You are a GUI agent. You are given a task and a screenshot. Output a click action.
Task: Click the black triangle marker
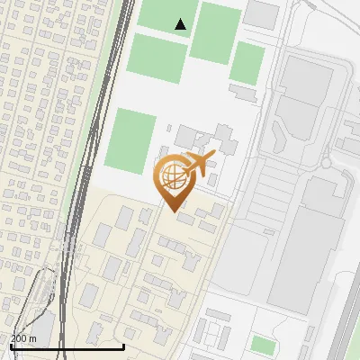[x=181, y=24]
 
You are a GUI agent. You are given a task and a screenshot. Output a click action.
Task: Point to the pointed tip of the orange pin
[x=171, y=211]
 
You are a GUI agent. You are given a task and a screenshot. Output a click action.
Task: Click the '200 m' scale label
[x=23, y=338]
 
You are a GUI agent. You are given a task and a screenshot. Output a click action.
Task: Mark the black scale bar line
[x=67, y=346]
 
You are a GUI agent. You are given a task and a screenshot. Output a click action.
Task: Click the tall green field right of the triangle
[x=217, y=33]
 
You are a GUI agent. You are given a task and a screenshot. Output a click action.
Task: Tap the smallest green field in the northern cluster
[x=247, y=63]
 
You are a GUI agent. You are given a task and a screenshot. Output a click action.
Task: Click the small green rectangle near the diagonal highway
[x=263, y=345]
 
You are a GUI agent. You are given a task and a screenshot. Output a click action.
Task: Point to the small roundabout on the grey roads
[x=326, y=165]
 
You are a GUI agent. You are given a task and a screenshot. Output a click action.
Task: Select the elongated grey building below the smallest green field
[x=245, y=92]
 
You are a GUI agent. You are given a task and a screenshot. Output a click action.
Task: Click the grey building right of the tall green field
[x=262, y=13]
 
